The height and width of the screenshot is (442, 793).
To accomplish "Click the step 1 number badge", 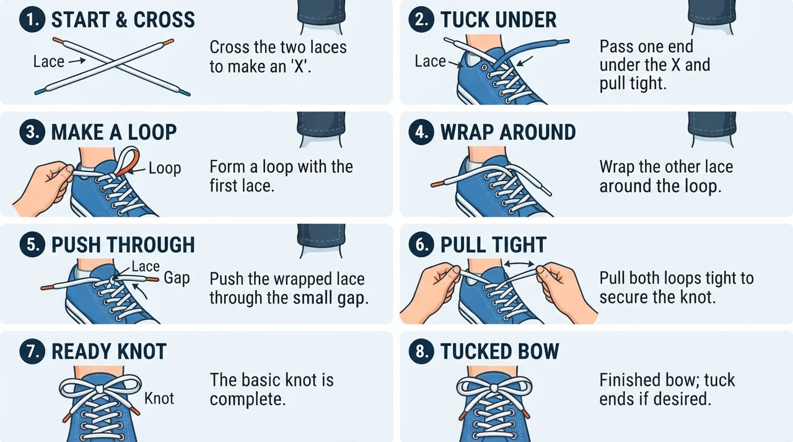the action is point(32,19).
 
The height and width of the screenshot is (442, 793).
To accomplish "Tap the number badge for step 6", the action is point(421,245).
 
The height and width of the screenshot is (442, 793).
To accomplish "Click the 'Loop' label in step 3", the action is point(165,168).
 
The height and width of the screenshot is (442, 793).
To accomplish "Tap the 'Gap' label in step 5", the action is point(177,279).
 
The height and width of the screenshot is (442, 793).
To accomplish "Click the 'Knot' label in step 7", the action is point(159,399).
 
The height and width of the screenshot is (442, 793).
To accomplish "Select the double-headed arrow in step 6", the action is point(519,264).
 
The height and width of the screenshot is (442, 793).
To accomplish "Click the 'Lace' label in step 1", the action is point(49,61).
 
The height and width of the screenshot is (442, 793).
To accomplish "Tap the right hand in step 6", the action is point(563,290).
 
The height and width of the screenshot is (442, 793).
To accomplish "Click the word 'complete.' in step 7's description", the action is point(247,399).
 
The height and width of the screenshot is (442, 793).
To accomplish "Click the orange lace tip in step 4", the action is point(437,184).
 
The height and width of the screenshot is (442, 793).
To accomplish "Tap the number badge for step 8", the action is point(421,351).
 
